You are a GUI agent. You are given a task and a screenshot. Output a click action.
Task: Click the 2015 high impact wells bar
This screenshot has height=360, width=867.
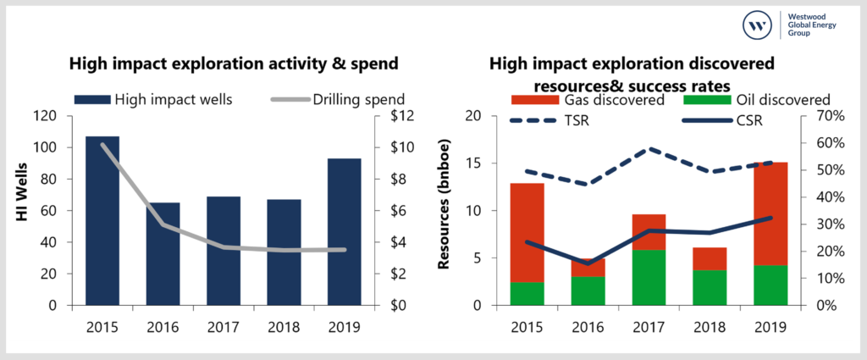click(x=102, y=220)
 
